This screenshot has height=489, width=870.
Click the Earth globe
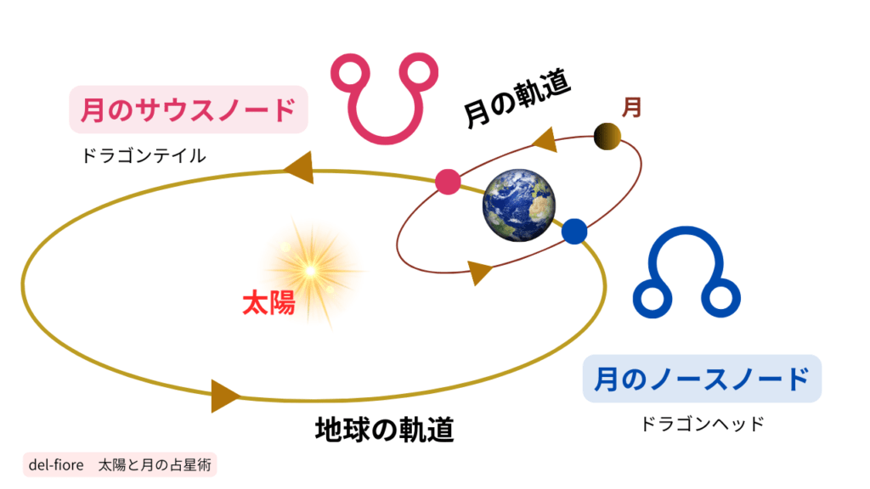click(519, 205)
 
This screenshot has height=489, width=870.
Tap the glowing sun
click(311, 271)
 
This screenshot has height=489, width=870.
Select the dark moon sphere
click(607, 137)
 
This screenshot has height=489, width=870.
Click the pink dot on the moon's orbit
click(448, 182)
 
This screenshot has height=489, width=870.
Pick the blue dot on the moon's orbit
click(574, 231)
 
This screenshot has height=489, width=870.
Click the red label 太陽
click(268, 303)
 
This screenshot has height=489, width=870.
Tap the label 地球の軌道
click(385, 430)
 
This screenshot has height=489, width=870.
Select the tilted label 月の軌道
click(517, 98)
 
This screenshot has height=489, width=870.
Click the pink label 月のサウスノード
click(188, 110)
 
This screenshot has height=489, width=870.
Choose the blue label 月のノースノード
click(702, 379)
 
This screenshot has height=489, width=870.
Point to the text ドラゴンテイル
click(144, 156)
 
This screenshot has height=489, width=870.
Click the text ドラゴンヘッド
click(703, 424)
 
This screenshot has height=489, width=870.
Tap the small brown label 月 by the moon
click(631, 107)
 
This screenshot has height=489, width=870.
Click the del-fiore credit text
click(120, 464)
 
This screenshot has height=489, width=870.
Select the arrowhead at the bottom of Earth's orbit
click(224, 396)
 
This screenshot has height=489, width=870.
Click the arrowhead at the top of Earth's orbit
click(299, 167)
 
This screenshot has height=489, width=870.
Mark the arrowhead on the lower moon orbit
click(480, 273)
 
